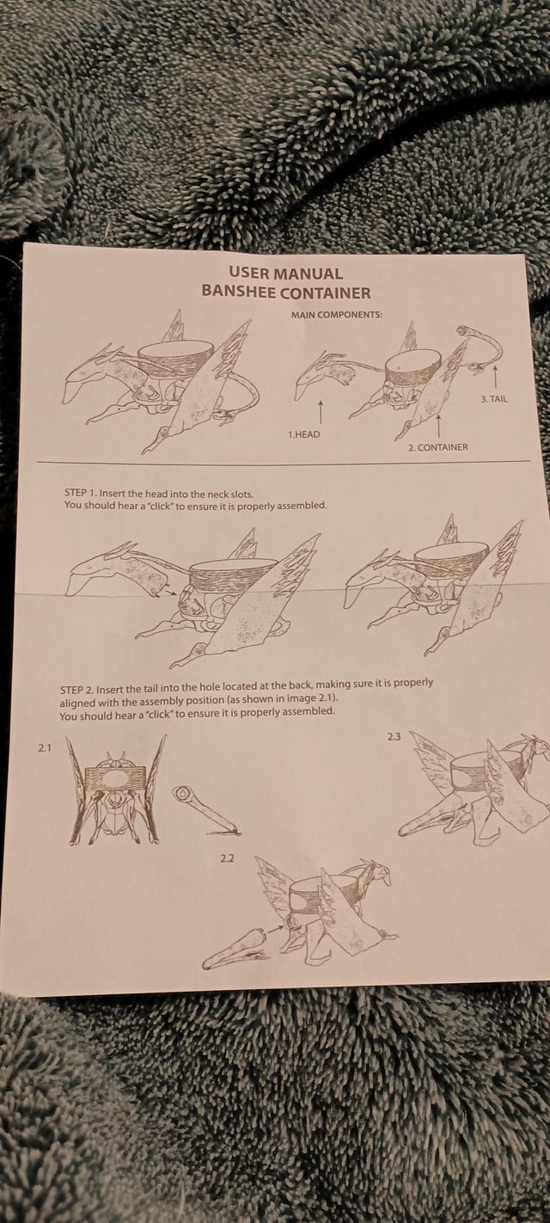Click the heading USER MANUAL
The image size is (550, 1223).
point(285,273)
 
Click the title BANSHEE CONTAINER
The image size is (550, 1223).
point(286,292)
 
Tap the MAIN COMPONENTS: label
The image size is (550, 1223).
point(337,315)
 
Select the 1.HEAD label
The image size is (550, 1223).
point(304,434)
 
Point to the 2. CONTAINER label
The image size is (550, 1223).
point(438,447)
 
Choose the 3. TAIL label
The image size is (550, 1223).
point(494,399)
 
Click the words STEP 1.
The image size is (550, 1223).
point(78,495)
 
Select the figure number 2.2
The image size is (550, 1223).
point(227,858)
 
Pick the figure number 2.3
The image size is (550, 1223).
point(394,736)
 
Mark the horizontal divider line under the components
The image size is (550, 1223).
point(284,463)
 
